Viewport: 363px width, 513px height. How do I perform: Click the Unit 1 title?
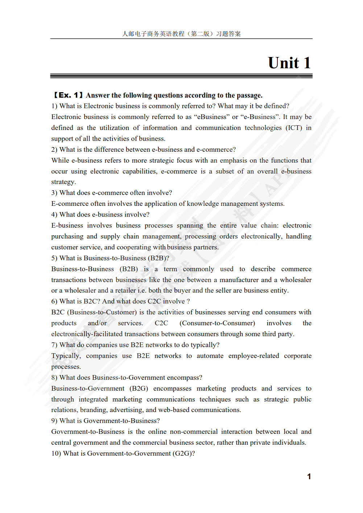click(289, 63)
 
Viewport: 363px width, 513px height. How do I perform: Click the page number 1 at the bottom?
click(309, 476)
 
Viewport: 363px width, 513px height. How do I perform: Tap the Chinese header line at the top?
click(181, 34)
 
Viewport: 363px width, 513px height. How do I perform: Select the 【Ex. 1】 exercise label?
click(67, 95)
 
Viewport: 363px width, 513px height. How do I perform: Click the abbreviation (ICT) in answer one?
click(294, 128)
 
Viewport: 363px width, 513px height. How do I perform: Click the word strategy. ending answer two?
click(63, 182)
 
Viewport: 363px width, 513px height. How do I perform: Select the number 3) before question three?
click(54, 193)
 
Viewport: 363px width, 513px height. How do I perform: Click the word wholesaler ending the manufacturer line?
click(296, 280)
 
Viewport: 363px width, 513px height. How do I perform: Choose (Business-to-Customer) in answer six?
click(102, 312)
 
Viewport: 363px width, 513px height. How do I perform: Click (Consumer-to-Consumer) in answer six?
click(217, 323)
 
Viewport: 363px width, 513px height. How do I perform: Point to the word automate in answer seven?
click(210, 356)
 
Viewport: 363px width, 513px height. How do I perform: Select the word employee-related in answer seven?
click(253, 356)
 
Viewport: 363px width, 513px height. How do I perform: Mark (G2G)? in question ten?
click(183, 453)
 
